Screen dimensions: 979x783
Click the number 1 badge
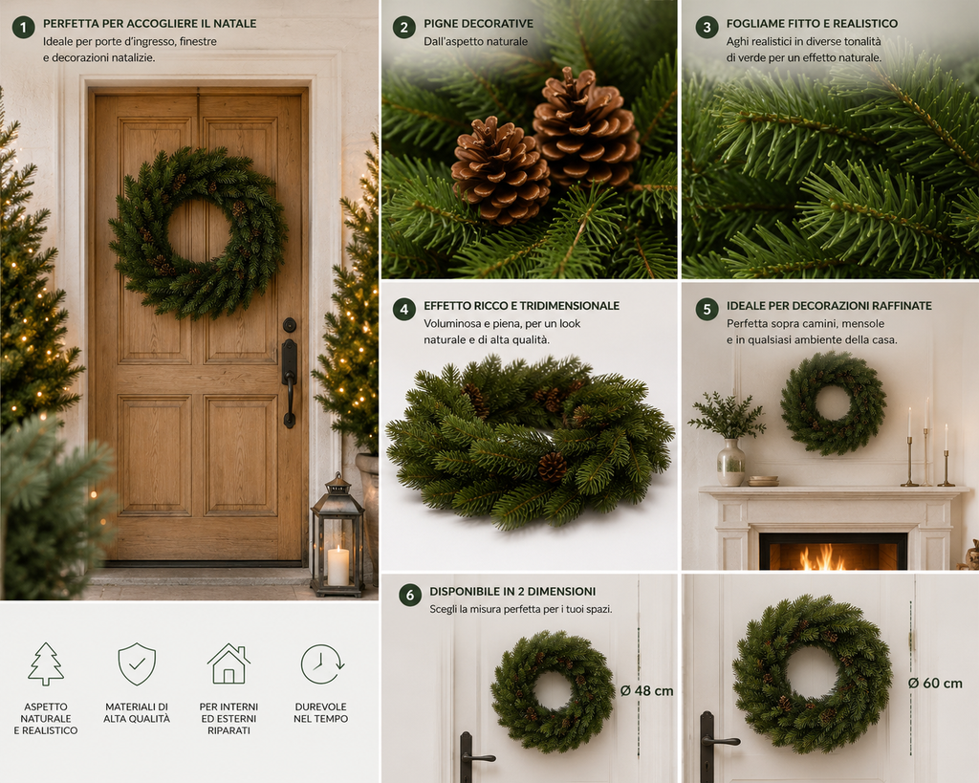[24, 28]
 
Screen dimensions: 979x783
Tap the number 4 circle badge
[404, 310]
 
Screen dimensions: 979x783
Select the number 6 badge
[409, 595]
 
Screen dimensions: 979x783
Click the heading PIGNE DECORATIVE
[478, 24]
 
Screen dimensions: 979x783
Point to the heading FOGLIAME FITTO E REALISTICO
[812, 24]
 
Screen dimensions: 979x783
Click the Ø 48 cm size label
[647, 690]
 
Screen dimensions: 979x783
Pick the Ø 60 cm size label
[935, 684]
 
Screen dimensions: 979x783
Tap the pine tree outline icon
[46, 663]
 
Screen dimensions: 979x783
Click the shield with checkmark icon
[137, 663]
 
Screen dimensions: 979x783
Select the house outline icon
[228, 663]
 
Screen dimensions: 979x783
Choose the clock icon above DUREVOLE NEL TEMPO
[321, 664]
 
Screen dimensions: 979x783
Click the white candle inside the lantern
[337, 566]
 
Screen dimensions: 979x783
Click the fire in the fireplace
[824, 557]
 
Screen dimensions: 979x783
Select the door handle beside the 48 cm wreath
[473, 758]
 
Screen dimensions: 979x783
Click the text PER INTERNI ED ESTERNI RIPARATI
[228, 719]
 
